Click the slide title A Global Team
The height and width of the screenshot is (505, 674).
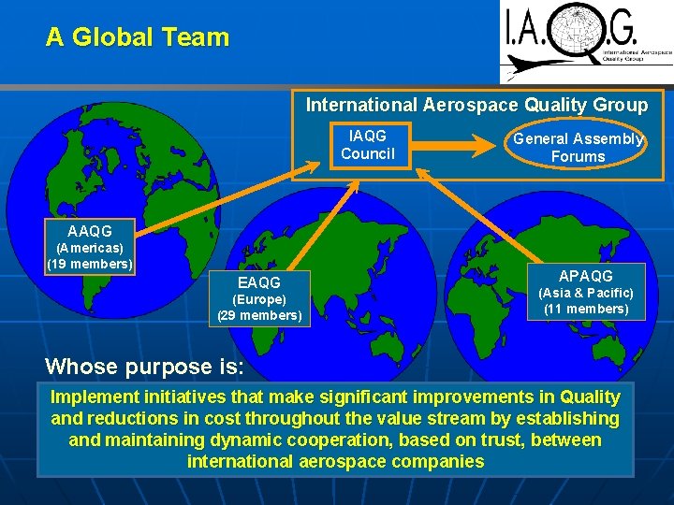click(x=138, y=37)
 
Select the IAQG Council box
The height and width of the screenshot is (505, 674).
click(x=368, y=145)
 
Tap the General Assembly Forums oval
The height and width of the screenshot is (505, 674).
click(x=578, y=148)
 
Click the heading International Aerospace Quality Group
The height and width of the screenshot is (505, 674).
click(x=476, y=105)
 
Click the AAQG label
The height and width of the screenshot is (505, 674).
click(x=90, y=231)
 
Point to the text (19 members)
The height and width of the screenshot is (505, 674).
click(x=90, y=264)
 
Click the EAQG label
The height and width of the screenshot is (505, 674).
click(x=259, y=281)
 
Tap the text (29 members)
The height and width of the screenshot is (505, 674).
click(x=259, y=315)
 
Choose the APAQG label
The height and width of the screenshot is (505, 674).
click(x=586, y=276)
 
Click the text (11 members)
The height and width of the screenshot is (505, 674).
click(x=586, y=309)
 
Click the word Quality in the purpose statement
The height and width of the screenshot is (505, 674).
click(x=587, y=397)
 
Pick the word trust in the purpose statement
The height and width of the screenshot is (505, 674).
click(x=476, y=440)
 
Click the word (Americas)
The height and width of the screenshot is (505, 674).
click(x=90, y=248)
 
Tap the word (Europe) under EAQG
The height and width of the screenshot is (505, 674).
click(x=259, y=299)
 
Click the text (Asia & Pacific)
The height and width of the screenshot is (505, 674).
click(x=586, y=293)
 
